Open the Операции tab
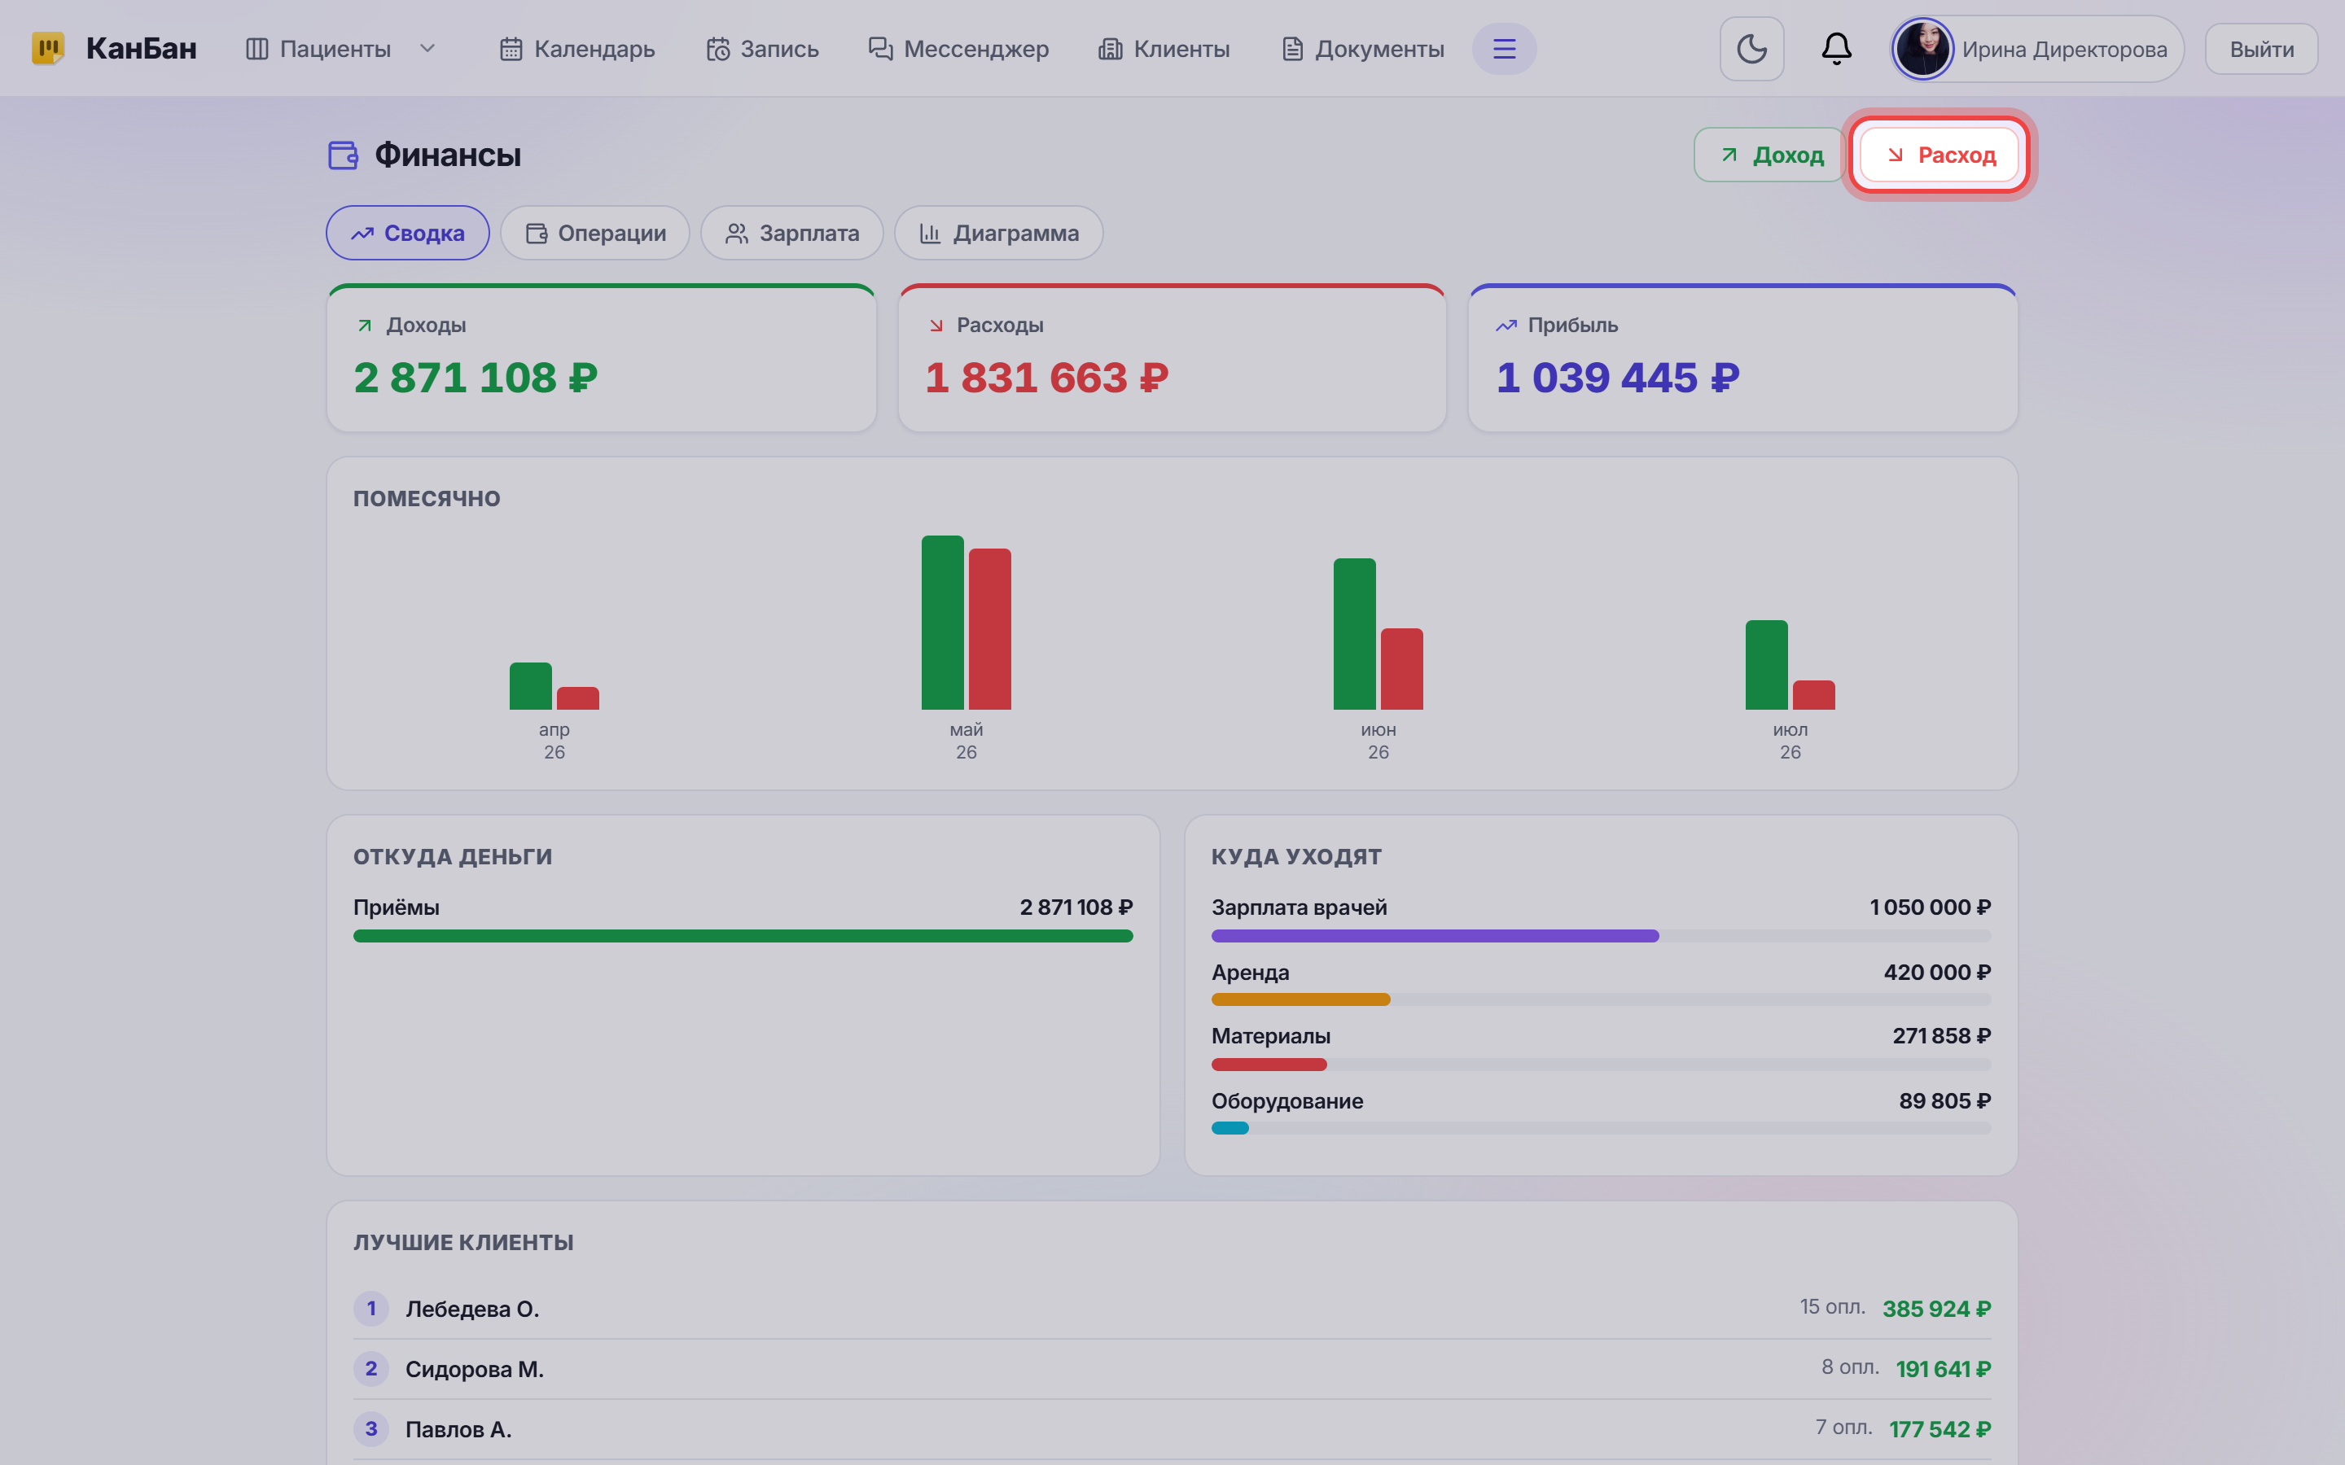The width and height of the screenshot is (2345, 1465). [x=595, y=234]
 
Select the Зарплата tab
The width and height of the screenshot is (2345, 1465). [x=791, y=234]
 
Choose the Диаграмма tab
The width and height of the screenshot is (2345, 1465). [x=998, y=234]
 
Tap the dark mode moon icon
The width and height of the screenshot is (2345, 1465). [x=1751, y=49]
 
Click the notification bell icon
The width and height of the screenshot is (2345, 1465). [x=1836, y=49]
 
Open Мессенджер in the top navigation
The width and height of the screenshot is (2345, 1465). [x=958, y=50]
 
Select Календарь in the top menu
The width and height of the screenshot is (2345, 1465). [x=577, y=50]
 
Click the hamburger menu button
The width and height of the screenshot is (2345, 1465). [x=1504, y=49]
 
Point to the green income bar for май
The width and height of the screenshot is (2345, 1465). [x=942, y=622]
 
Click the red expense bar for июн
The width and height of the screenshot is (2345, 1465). [x=1401, y=668]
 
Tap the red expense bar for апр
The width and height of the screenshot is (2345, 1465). [x=577, y=698]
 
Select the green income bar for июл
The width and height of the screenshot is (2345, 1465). [x=1765, y=665]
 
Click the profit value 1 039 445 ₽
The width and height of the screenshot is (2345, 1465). [x=1618, y=378]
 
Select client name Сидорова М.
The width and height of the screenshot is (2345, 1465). [x=475, y=1369]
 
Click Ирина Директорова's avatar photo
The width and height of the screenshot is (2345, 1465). [x=1922, y=49]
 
